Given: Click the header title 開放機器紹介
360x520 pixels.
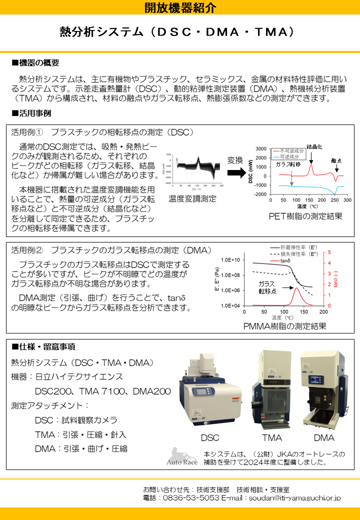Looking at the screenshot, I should pyautogui.click(x=180, y=7).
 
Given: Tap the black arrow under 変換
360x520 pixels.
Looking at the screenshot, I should pyautogui.click(x=235, y=172).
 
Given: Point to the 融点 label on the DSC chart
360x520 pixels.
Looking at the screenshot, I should pyautogui.click(x=336, y=161).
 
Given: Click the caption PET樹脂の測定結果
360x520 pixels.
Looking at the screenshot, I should pyautogui.click(x=305, y=216).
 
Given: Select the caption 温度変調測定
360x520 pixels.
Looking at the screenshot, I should pyautogui.click(x=192, y=199).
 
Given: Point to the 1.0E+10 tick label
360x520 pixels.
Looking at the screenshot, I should pyautogui.click(x=230, y=260).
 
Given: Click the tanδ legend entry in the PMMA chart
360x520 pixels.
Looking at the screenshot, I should pyautogui.click(x=285, y=261).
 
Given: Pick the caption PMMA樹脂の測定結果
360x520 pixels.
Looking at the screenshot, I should pyautogui.click(x=284, y=326).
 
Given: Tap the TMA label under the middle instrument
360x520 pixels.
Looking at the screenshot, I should pyautogui.click(x=271, y=438).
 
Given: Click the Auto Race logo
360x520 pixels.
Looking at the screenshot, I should pyautogui.click(x=182, y=457).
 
